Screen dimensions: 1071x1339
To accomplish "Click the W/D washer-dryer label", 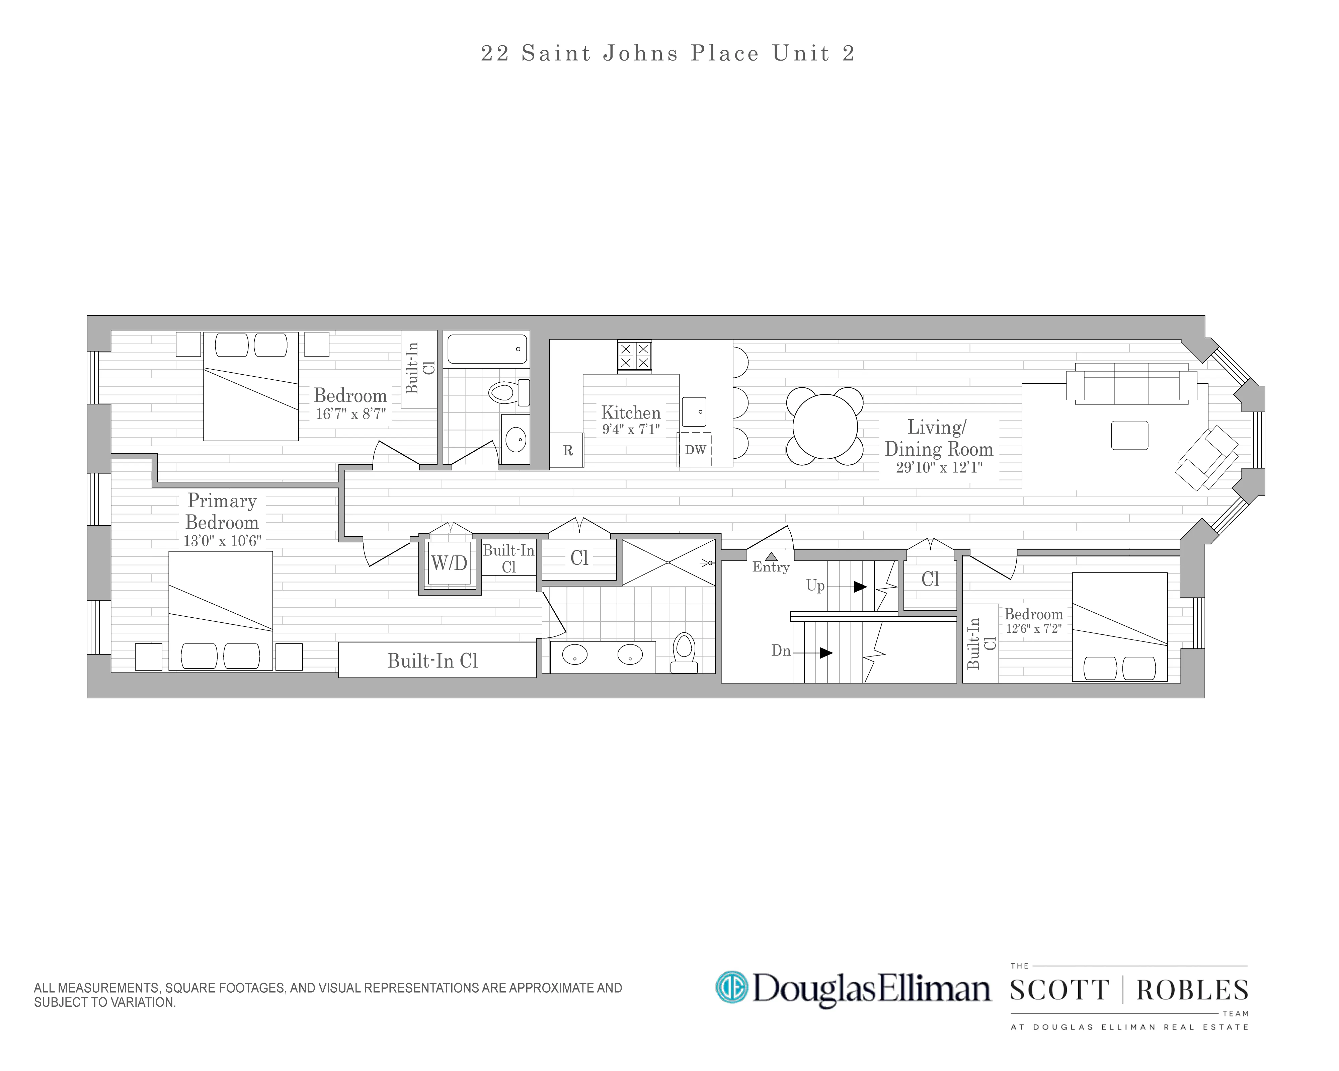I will (x=449, y=563).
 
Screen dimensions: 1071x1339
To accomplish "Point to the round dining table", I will (x=825, y=426).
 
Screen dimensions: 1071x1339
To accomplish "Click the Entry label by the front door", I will (x=771, y=566).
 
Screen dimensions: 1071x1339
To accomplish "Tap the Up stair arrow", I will (x=860, y=587).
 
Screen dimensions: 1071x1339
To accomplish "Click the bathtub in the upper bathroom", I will (x=487, y=349).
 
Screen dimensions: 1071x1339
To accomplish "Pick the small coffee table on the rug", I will (x=1129, y=435).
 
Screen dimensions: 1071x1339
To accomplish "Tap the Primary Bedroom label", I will (x=222, y=511).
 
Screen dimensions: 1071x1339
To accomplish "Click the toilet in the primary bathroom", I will (x=684, y=652).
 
